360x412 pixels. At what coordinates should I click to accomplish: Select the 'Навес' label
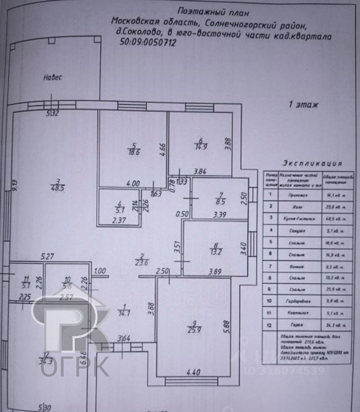pos(53,78)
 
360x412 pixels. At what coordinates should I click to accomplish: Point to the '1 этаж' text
pos(304,104)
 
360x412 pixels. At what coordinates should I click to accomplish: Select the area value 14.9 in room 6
pos(201,145)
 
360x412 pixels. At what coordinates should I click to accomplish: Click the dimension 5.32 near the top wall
pos(53,113)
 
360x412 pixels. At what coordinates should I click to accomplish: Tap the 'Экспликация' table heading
pos(312,164)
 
